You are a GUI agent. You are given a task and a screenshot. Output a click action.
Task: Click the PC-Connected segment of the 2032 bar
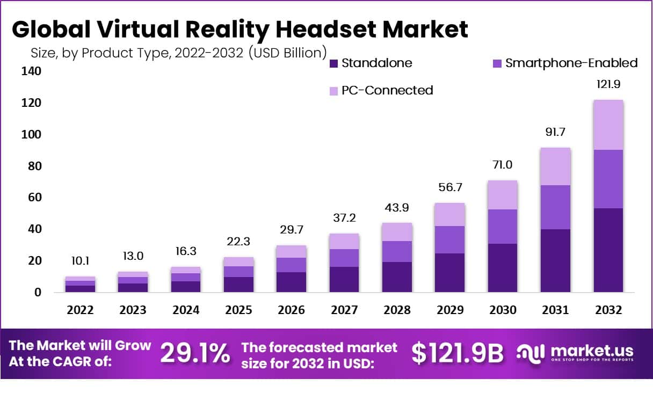[608, 125]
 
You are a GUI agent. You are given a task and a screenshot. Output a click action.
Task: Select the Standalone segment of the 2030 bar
[502, 268]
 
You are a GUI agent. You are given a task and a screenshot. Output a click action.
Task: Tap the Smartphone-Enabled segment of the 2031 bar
[555, 207]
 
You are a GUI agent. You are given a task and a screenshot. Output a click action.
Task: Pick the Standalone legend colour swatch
[333, 63]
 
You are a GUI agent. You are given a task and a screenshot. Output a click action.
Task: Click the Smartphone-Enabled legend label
[571, 63]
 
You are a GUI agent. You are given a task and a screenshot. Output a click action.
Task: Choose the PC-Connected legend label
[387, 90]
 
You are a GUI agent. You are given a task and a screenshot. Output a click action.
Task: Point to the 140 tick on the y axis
[32, 71]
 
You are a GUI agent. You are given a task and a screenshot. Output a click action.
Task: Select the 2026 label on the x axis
[291, 310]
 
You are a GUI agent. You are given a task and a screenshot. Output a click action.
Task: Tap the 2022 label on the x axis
[80, 310]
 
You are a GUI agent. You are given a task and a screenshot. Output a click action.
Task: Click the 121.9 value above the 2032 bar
[608, 84]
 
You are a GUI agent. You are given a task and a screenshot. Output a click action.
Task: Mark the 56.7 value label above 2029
[449, 187]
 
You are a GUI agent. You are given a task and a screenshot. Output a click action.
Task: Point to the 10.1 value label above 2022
[80, 261]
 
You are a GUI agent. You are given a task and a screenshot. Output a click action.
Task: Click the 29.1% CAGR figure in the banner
[195, 353]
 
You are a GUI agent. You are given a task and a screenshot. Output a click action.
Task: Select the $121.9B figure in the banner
[458, 353]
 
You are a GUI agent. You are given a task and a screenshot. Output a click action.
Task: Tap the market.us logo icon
[531, 353]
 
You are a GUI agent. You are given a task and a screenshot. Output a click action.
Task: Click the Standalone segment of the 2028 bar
[397, 277]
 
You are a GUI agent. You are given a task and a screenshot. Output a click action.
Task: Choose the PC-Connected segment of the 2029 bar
[449, 215]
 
